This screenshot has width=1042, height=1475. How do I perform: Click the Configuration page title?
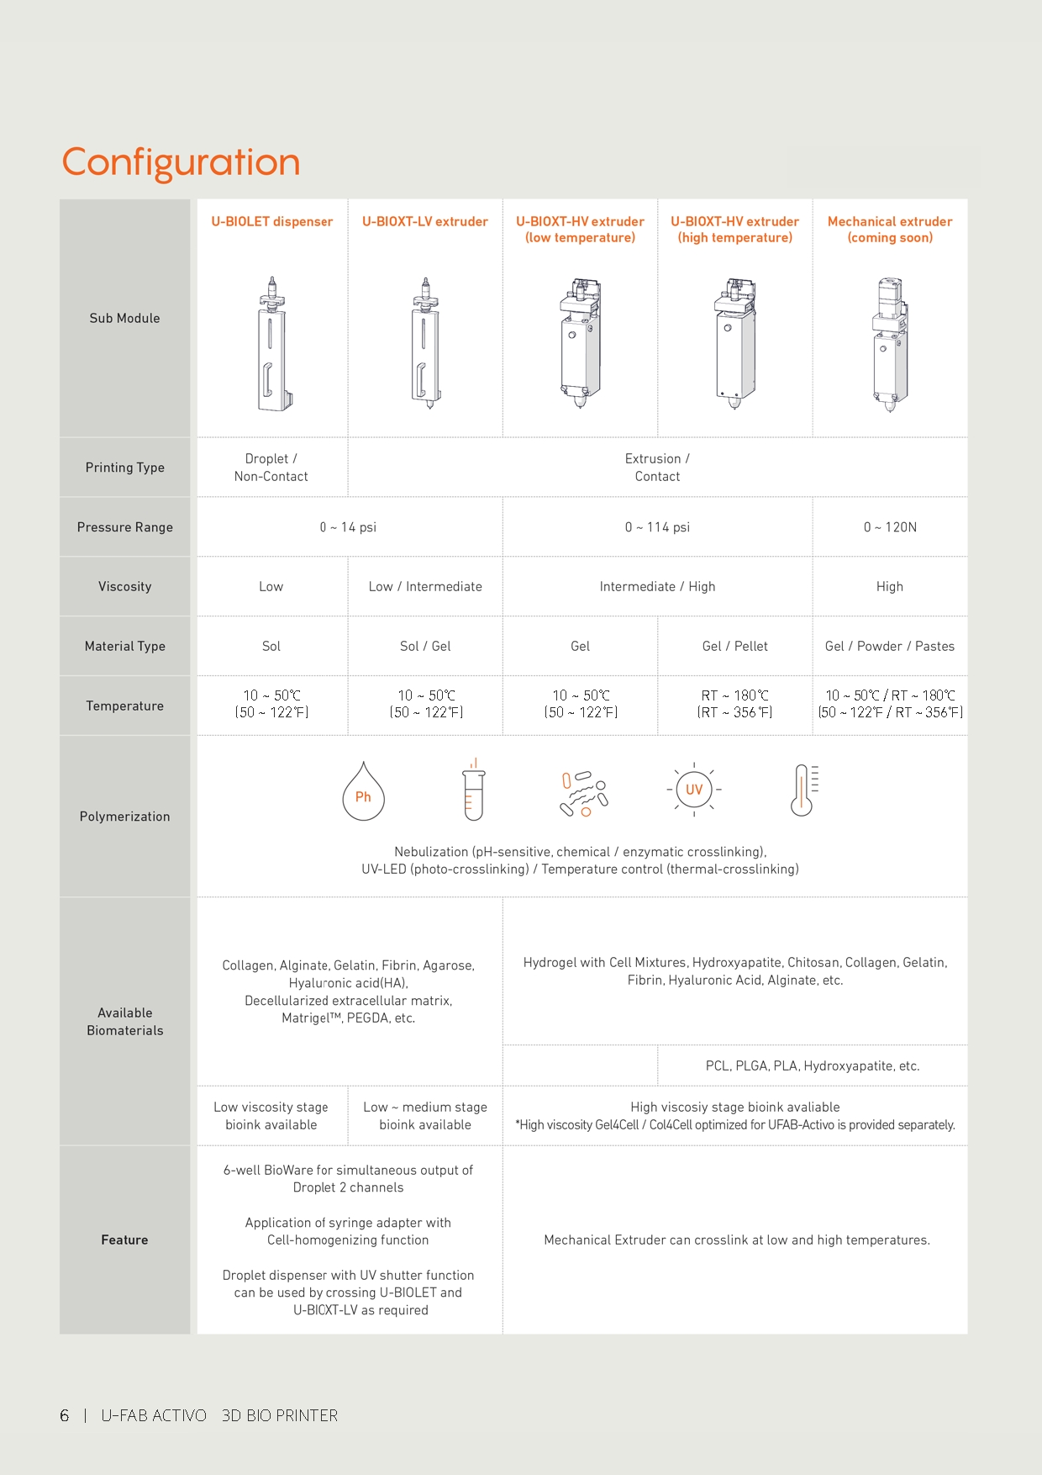[181, 162]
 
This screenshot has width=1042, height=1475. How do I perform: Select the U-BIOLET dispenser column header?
[271, 222]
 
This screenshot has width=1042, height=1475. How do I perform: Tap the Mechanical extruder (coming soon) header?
[890, 230]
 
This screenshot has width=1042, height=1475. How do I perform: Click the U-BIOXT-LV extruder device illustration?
[426, 343]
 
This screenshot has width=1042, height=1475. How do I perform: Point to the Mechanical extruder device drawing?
[889, 343]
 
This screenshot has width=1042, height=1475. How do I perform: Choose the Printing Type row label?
[124, 468]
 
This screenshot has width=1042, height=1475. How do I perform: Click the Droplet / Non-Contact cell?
[271, 468]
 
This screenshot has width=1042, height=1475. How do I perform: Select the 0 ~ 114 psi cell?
[657, 527]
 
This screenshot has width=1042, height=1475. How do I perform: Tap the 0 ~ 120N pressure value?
[890, 527]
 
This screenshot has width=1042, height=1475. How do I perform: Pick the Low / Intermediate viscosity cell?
[425, 587]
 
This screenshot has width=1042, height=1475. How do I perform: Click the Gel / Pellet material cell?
[734, 647]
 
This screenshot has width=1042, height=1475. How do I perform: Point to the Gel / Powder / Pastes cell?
[890, 647]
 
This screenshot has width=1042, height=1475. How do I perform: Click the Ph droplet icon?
[363, 792]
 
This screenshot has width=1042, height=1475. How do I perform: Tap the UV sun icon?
[694, 790]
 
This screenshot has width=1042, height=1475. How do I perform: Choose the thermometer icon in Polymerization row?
[803, 790]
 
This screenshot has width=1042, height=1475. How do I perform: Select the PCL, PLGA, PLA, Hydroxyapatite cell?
[813, 1066]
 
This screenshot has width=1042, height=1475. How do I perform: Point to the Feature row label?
[124, 1240]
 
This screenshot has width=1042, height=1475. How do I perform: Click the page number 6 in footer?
[65, 1416]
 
